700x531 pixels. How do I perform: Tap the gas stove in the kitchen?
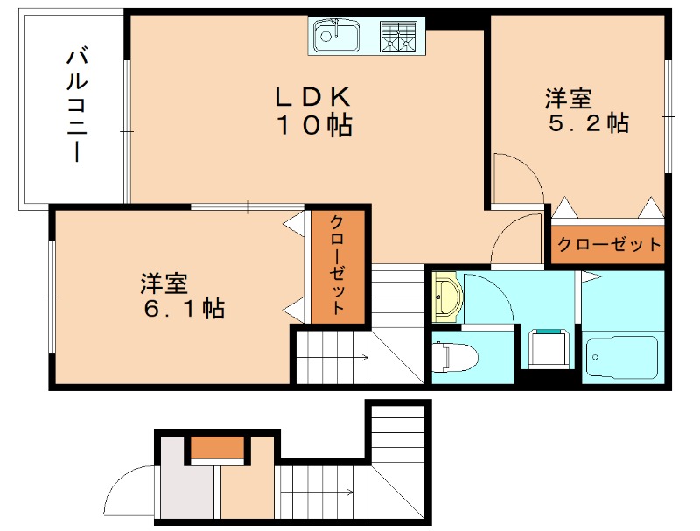400,37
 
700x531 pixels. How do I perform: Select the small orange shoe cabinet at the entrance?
217,448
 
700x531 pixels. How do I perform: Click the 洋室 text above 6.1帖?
164,282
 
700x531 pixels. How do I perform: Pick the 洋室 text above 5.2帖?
569,95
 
